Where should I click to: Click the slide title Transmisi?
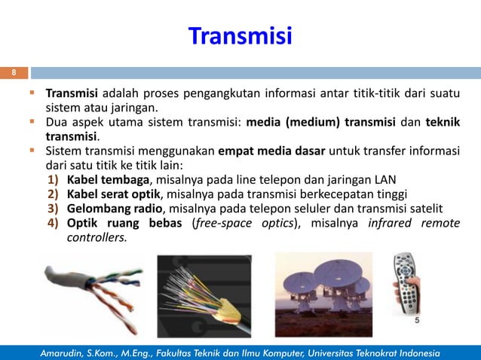click(240, 35)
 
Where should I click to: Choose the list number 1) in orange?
click(54, 179)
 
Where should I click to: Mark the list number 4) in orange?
click(54, 223)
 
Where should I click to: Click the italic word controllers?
click(97, 237)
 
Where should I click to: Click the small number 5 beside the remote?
click(417, 320)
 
